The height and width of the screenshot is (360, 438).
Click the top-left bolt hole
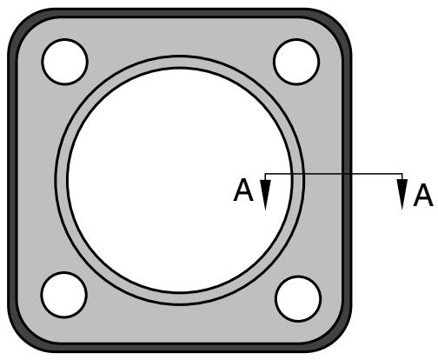click(x=64, y=62)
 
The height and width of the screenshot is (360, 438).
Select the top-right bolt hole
click(x=296, y=62)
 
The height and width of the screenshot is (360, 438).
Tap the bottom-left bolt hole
click(x=64, y=295)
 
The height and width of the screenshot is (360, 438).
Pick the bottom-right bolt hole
click(x=298, y=299)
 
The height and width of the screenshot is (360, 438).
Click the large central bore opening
click(x=180, y=180)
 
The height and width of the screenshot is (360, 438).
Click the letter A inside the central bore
click(x=243, y=190)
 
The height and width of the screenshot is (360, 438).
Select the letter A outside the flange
click(x=423, y=195)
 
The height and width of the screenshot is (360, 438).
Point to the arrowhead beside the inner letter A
click(x=265, y=194)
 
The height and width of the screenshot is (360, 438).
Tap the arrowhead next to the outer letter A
click(x=402, y=194)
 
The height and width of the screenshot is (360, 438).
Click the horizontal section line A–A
click(x=334, y=174)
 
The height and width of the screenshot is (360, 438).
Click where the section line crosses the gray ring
click(x=297, y=174)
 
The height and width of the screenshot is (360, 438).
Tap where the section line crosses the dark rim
click(x=347, y=174)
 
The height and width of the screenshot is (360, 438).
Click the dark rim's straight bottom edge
click(x=180, y=348)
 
